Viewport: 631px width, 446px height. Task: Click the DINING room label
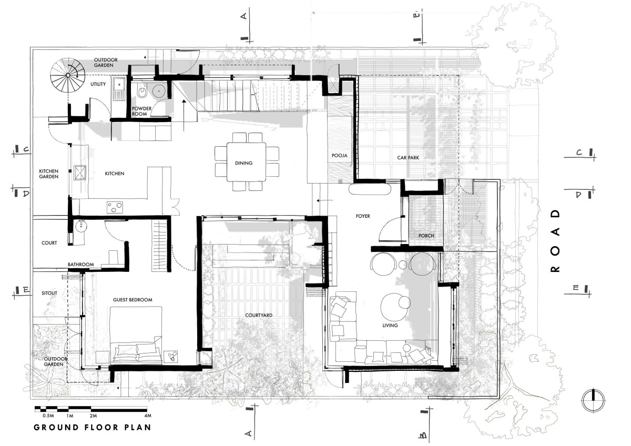(x=243, y=163)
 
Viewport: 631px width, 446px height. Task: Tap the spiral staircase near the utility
(x=68, y=75)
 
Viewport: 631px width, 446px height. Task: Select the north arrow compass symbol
(x=593, y=401)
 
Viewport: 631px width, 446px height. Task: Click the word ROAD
(x=555, y=241)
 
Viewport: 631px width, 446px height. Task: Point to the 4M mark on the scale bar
(x=148, y=415)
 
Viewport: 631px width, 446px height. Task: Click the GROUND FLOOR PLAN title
(x=93, y=428)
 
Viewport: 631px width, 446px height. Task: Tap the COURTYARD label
(x=259, y=315)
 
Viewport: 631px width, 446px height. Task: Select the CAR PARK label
(x=408, y=158)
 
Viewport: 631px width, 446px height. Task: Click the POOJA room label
(x=340, y=155)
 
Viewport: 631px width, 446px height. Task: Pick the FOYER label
(x=363, y=216)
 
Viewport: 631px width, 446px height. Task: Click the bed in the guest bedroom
(x=136, y=334)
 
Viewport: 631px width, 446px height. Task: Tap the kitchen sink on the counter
(x=80, y=173)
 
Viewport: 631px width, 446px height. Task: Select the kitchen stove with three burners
(x=115, y=207)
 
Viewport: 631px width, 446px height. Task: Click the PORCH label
(x=426, y=236)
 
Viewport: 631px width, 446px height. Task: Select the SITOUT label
(x=49, y=293)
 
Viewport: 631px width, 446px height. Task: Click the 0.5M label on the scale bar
(x=48, y=415)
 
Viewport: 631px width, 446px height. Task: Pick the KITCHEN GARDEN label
(x=49, y=174)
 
